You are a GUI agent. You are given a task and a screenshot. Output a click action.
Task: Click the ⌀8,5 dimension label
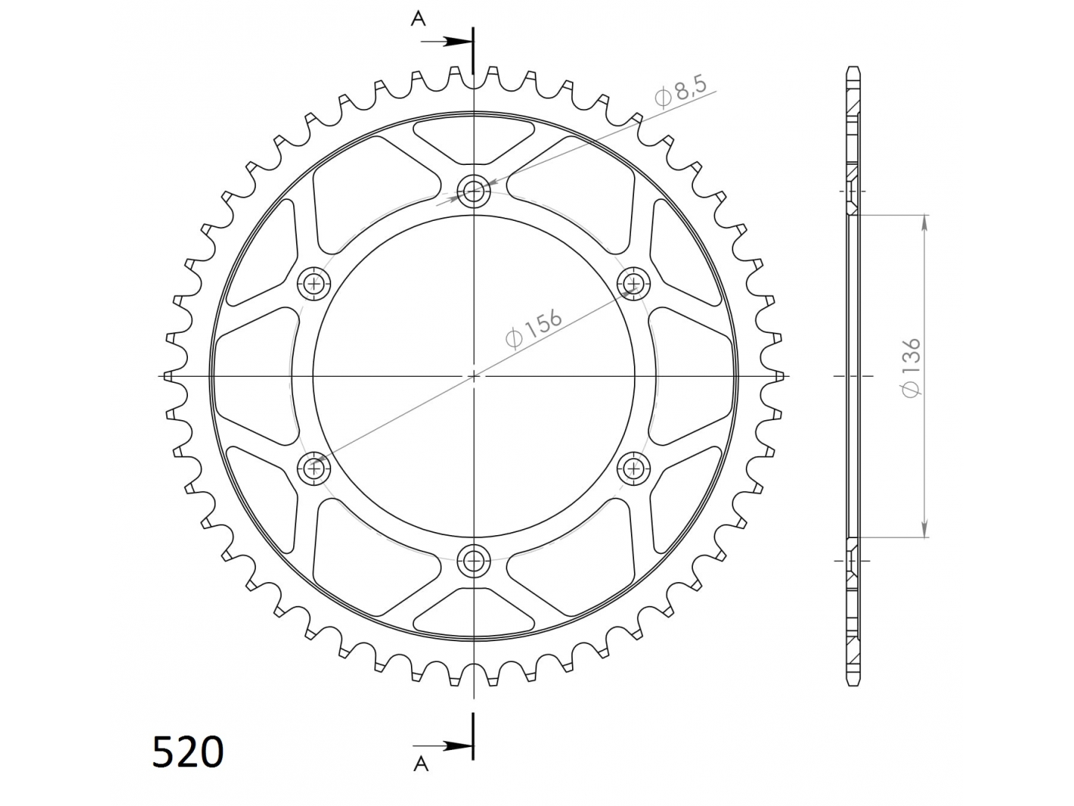click(x=681, y=92)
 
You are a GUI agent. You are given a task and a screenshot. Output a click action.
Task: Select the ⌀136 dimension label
click(x=911, y=368)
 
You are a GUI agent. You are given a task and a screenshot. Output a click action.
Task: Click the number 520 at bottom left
click(x=188, y=752)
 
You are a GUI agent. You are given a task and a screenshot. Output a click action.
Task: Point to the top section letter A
click(x=418, y=19)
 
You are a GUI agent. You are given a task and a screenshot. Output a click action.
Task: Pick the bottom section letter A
click(x=421, y=763)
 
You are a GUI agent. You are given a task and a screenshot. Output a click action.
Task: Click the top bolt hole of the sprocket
click(x=473, y=190)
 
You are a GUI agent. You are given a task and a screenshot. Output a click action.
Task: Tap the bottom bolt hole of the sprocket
click(x=473, y=560)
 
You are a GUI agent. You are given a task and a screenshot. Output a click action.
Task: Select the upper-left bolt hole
click(x=314, y=283)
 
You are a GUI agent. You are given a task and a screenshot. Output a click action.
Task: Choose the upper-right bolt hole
click(x=634, y=283)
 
